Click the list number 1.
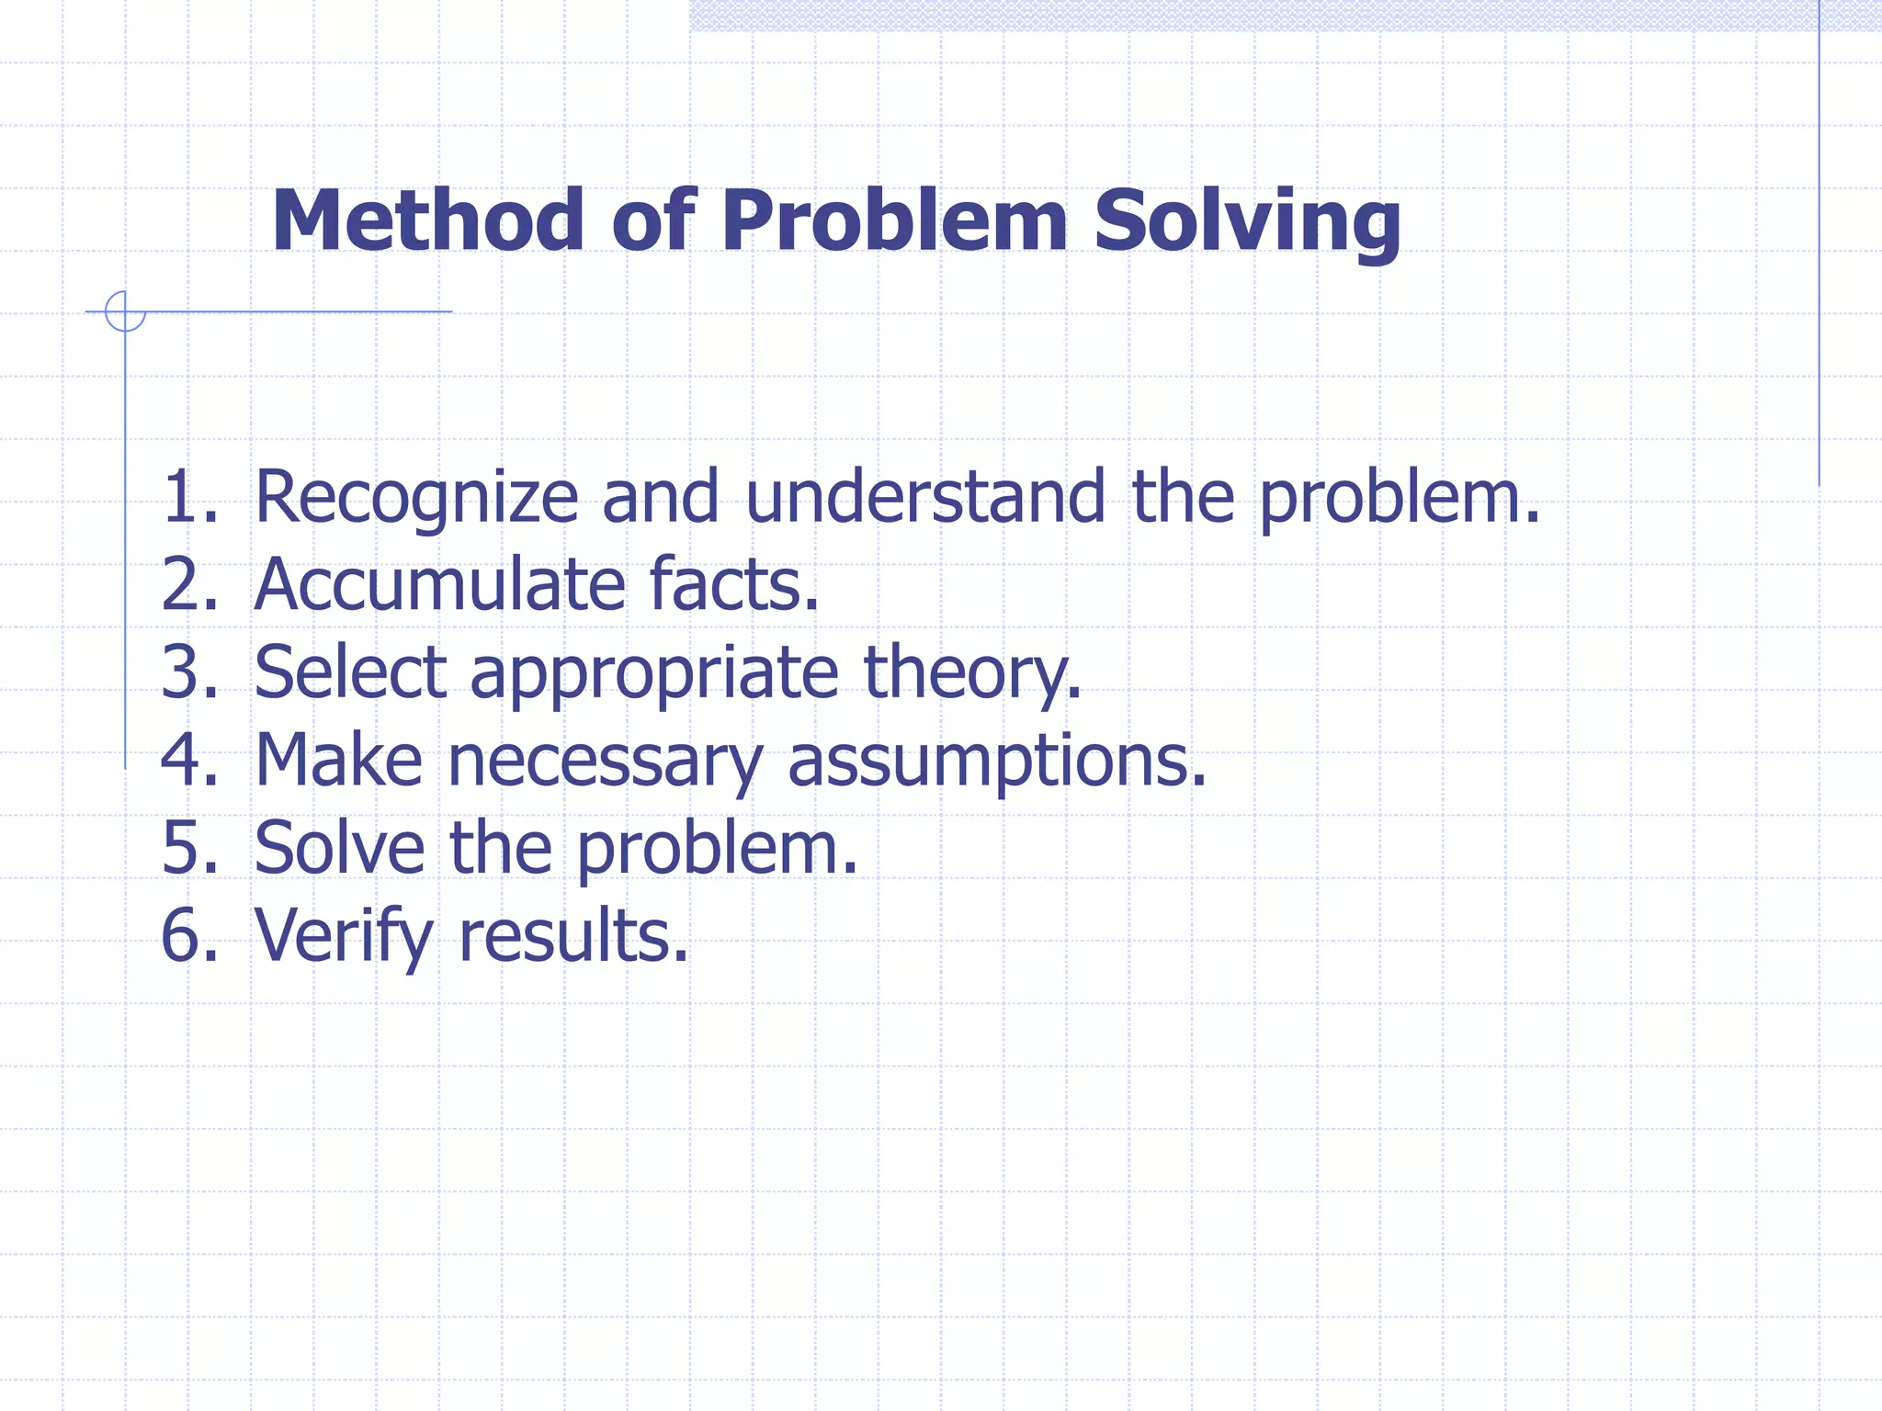(188, 497)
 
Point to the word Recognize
(415, 497)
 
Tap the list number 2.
(188, 585)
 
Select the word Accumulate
(439, 585)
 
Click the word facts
(732, 585)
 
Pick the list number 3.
(188, 672)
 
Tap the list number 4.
(188, 761)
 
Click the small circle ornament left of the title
(125, 311)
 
